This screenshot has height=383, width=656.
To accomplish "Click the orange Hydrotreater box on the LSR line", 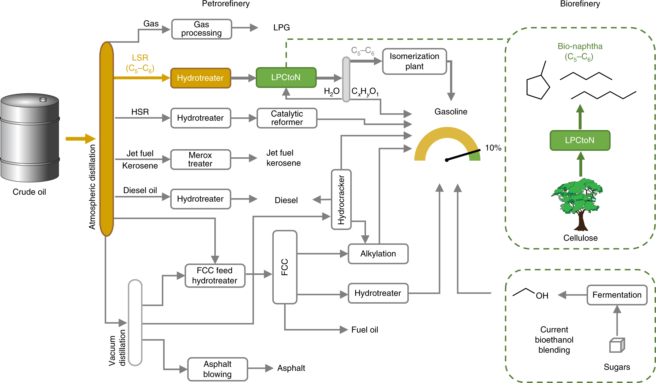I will pos(200,78).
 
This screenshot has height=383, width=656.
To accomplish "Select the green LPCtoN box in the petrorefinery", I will pos(286,78).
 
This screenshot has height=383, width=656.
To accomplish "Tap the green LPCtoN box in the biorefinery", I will pos(580,141).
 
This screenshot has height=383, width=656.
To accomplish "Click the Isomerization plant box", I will pos(414,61).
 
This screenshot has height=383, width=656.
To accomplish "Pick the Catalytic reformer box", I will pos(287,118).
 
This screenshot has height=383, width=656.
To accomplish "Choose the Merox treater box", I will pos(200,159).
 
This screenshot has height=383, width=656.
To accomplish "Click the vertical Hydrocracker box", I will pos(341,200).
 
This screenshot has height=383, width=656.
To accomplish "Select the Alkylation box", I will pos(378,254).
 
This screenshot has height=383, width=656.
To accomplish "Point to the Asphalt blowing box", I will pos(217,369).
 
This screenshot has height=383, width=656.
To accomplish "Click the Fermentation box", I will pos(616,295).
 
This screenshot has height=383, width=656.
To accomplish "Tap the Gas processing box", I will pos(201,29).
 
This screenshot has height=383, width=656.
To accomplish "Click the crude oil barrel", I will pos(30,138).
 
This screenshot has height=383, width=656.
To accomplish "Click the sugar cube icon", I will pos(617,345).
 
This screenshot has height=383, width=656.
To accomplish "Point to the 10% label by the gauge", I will pos(493,148).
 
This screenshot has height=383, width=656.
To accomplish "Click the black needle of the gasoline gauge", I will pos(463,155).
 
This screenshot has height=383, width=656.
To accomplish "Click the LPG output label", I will pos(281,28).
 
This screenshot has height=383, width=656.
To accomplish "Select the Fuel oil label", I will pos(364,330).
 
